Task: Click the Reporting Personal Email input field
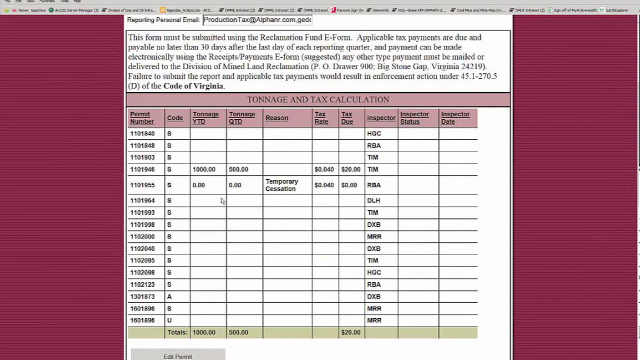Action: coord(257,20)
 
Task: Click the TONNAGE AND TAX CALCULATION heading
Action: coord(318,99)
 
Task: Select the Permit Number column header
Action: coord(142,118)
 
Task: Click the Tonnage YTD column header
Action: coord(205,118)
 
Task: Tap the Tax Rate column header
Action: coord(321,118)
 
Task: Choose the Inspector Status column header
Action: coord(414,118)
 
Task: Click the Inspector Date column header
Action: coord(455,118)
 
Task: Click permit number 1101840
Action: coord(142,133)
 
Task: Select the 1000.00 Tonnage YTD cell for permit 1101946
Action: coord(204,169)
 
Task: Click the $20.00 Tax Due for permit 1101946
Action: coord(350,169)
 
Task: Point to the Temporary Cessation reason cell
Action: coord(281,185)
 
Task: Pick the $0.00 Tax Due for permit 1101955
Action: coord(349,185)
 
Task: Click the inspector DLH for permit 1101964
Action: coord(373,200)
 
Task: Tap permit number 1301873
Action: coord(142,296)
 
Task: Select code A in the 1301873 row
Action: coord(169,296)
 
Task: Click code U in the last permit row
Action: coord(169,320)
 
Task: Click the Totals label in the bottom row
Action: coord(177,332)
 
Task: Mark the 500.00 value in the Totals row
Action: coord(238,332)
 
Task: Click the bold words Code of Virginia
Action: coord(193,86)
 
